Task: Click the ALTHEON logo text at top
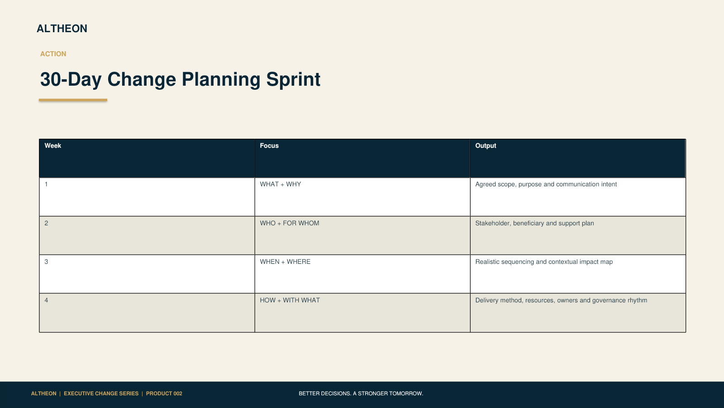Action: (x=62, y=29)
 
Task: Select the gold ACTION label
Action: (x=53, y=54)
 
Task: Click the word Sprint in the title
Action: (x=293, y=80)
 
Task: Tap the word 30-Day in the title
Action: (x=71, y=80)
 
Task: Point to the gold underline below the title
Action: (x=73, y=100)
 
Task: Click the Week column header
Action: (x=52, y=146)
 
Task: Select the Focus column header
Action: (x=269, y=146)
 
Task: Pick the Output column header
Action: (x=486, y=146)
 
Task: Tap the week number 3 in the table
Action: (x=46, y=262)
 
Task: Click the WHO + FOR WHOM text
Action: (x=289, y=223)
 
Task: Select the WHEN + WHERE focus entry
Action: (x=285, y=262)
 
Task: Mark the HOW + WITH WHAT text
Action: (x=290, y=300)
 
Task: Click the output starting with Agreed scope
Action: (x=546, y=184)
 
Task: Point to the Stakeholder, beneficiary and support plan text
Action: (x=534, y=223)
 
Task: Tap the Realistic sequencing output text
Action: (x=544, y=262)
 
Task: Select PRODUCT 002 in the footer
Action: (x=164, y=393)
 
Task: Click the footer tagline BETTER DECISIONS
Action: (x=361, y=393)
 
